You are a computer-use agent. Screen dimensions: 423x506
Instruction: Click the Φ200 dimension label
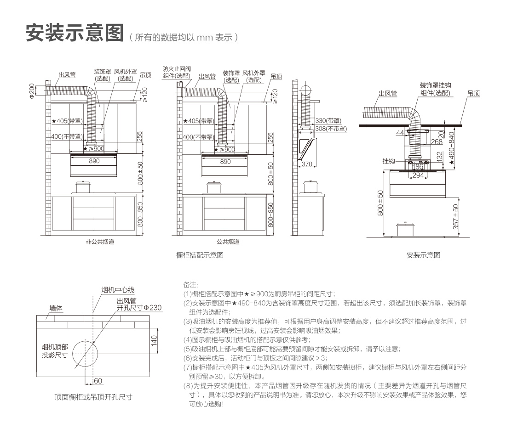pyautogui.click(x=31, y=90)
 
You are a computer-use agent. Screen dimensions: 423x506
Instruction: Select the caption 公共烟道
pyautogui.click(x=228, y=242)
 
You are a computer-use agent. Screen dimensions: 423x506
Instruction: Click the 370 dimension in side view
pyautogui.click(x=307, y=164)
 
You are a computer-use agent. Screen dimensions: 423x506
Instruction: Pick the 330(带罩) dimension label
pyautogui.click(x=330, y=120)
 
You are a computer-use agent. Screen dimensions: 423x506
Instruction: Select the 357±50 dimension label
pyautogui.click(x=455, y=217)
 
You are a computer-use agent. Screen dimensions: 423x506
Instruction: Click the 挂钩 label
pyautogui.click(x=389, y=161)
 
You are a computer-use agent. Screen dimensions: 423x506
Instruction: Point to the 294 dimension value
pyautogui.click(x=418, y=175)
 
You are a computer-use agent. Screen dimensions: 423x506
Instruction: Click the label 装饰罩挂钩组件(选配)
pyautogui.click(x=434, y=89)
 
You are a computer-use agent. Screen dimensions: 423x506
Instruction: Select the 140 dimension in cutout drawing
pyautogui.click(x=155, y=340)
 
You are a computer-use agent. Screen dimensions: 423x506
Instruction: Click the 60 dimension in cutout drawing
pyautogui.click(x=98, y=381)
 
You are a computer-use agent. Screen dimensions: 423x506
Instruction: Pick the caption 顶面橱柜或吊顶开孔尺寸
pyautogui.click(x=93, y=397)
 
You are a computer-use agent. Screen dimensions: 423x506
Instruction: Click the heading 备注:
pyautogui.click(x=190, y=285)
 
